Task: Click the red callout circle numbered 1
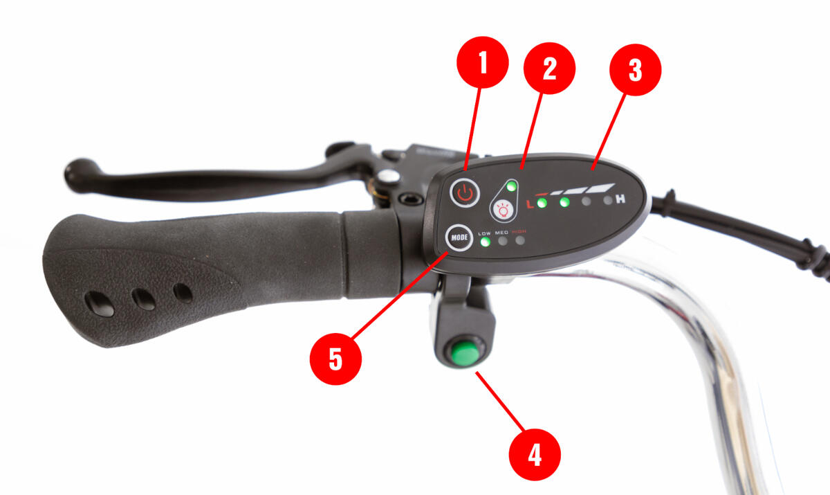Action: pyautogui.click(x=483, y=62)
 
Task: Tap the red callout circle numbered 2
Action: pyautogui.click(x=549, y=69)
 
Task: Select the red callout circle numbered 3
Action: pyautogui.click(x=635, y=70)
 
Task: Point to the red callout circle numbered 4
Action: pyautogui.click(x=535, y=455)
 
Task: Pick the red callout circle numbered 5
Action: pyautogui.click(x=335, y=359)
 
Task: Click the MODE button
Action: pyautogui.click(x=459, y=237)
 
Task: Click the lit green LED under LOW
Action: pyautogui.click(x=485, y=242)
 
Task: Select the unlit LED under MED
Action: pyautogui.click(x=502, y=241)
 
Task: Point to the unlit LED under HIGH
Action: pyautogui.click(x=520, y=240)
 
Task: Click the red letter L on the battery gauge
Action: pyautogui.click(x=531, y=204)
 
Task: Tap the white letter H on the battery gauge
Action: pyautogui.click(x=620, y=199)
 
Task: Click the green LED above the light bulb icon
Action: pyautogui.click(x=511, y=186)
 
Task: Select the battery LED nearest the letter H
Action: pyautogui.click(x=608, y=201)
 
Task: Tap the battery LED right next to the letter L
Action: pyautogui.click(x=542, y=203)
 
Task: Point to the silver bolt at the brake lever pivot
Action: pyautogui.click(x=387, y=176)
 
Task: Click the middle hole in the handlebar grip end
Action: pyautogui.click(x=144, y=299)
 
